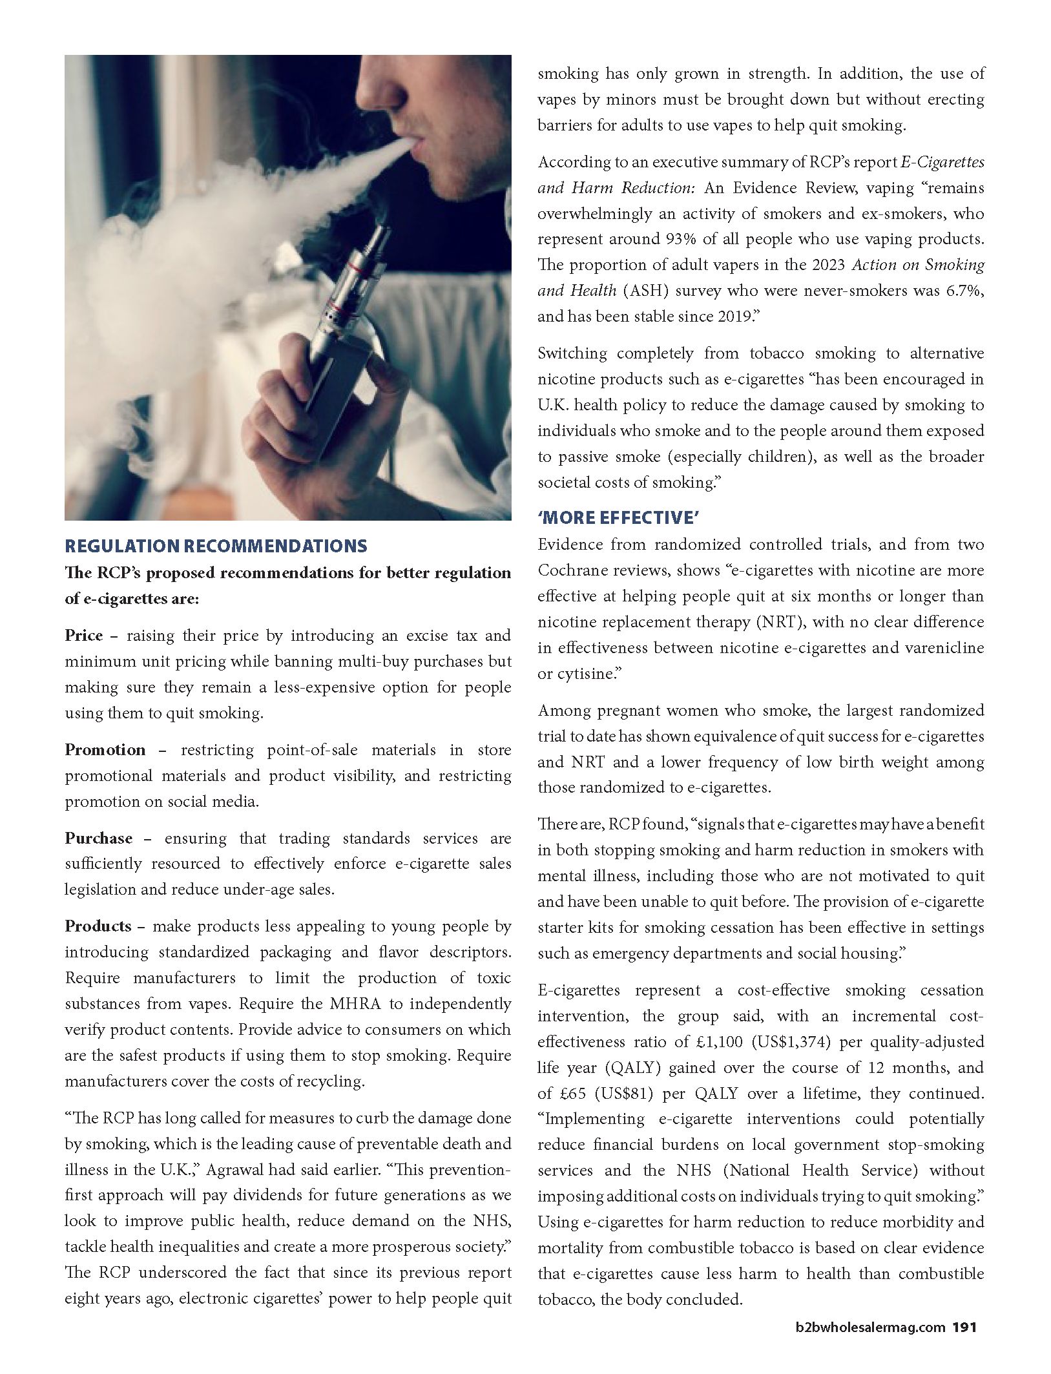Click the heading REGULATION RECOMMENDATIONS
click(x=216, y=546)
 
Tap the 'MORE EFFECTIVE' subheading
click(x=619, y=517)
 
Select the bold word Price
click(x=83, y=636)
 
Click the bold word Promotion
click(x=105, y=750)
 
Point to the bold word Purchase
click(x=98, y=838)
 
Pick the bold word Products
click(x=98, y=926)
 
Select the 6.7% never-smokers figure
click(x=963, y=291)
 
